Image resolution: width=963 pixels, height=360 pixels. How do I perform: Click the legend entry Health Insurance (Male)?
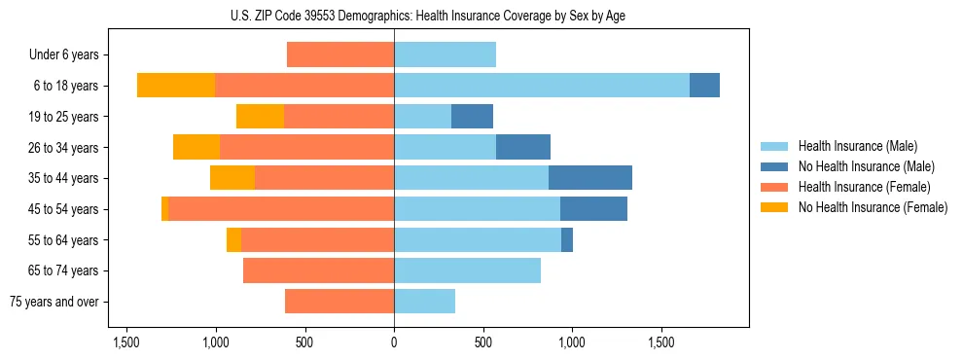click(857, 146)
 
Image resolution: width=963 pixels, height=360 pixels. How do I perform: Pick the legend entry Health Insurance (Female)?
click(865, 187)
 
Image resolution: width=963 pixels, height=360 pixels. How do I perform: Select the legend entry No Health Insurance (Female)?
click(873, 207)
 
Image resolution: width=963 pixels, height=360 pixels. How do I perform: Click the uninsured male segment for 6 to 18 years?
click(704, 86)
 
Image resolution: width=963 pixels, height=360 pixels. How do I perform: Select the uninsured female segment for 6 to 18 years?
click(176, 86)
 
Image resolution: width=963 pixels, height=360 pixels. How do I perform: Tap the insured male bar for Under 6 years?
click(445, 54)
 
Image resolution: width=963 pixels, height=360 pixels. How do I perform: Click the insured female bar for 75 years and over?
click(339, 302)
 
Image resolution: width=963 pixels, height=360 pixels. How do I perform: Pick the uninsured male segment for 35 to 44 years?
click(590, 178)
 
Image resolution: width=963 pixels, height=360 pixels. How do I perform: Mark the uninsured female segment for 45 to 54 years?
click(164, 209)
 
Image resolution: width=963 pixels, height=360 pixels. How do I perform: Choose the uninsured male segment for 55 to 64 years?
click(567, 239)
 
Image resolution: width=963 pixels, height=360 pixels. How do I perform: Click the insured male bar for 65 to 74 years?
click(467, 270)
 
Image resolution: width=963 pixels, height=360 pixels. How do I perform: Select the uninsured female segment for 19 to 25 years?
click(260, 117)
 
